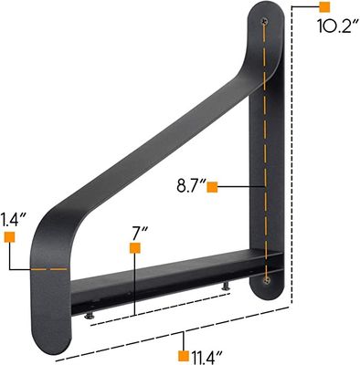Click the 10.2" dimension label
(x=335, y=26)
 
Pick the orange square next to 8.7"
(x=212, y=187)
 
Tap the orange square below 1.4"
(x=10, y=237)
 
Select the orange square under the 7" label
(x=134, y=247)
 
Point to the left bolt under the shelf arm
(x=89, y=316)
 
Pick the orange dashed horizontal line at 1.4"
(x=46, y=270)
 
